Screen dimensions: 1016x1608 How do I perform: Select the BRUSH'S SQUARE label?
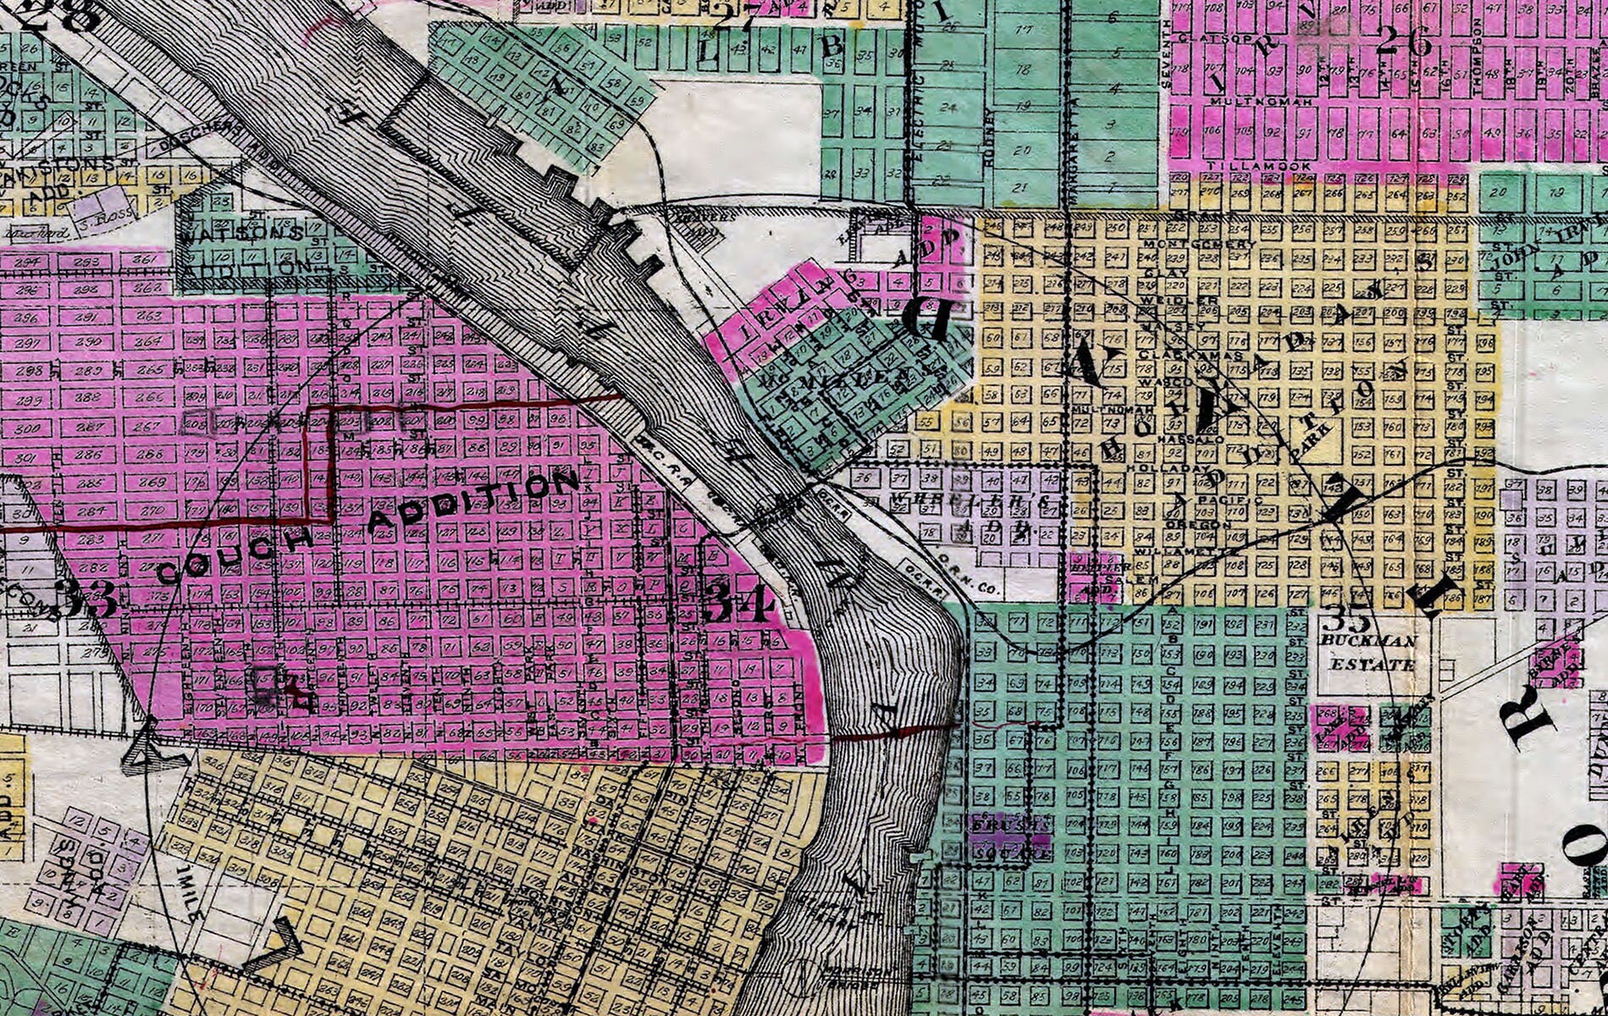tap(1004, 837)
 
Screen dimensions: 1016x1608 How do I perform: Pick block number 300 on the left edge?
tap(28, 428)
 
